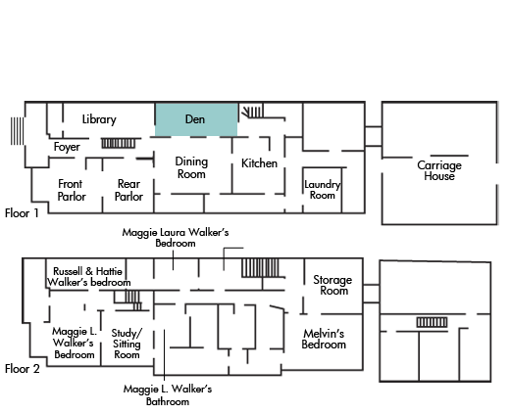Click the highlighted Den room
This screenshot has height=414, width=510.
click(x=196, y=119)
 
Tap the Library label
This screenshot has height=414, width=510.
click(x=99, y=119)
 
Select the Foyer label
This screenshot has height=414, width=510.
click(x=67, y=147)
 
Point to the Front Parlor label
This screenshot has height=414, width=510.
click(x=72, y=190)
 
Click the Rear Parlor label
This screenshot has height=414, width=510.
click(x=128, y=190)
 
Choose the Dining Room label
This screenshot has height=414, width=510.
click(x=191, y=167)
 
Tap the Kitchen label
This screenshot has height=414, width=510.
click(x=259, y=163)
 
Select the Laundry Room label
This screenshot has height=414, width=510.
click(x=323, y=190)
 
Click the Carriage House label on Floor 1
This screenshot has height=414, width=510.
click(x=439, y=170)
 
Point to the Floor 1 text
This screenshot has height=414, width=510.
click(x=22, y=213)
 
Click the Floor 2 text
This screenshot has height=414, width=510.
click(x=22, y=369)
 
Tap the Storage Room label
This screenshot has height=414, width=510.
click(x=332, y=285)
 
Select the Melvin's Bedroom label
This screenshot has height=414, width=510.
click(x=324, y=339)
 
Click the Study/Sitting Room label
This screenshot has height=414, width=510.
click(x=127, y=344)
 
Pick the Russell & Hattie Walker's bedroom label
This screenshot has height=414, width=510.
click(x=88, y=277)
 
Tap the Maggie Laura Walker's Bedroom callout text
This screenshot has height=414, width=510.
click(x=176, y=238)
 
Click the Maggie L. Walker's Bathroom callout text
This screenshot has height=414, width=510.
click(x=168, y=394)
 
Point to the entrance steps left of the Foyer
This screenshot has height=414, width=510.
click(x=17, y=131)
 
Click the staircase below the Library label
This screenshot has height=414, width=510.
click(x=119, y=143)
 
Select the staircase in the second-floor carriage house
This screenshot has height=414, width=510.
click(x=432, y=322)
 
